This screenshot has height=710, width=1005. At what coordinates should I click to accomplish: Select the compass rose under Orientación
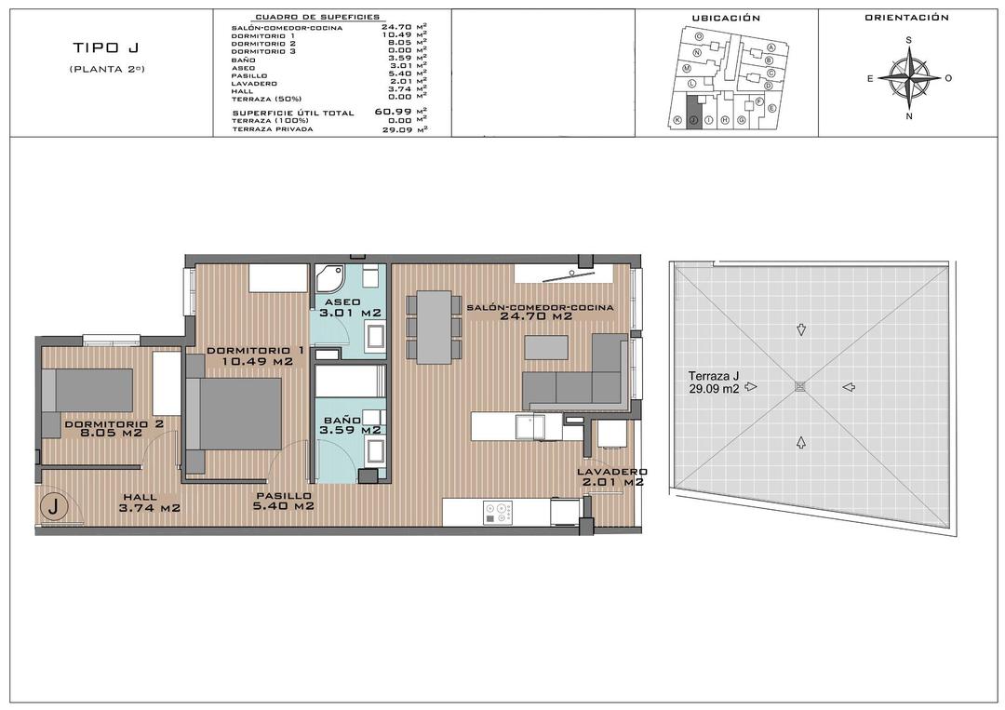(x=909, y=78)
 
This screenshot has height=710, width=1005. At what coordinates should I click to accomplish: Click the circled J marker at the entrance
(x=55, y=507)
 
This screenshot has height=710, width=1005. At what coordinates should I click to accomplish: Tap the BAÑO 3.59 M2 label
(x=350, y=425)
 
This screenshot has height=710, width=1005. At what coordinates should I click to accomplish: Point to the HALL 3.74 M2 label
(x=149, y=502)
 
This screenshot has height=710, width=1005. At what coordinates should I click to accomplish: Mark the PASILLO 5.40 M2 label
(x=284, y=502)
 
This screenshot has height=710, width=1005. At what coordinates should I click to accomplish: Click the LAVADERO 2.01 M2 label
(x=610, y=477)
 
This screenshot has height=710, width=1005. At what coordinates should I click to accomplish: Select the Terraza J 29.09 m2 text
(x=708, y=382)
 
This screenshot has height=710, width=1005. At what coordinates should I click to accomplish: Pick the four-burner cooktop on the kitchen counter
(x=498, y=512)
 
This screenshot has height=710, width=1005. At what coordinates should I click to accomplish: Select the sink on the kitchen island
(x=531, y=425)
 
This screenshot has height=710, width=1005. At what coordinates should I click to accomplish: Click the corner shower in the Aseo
(x=329, y=277)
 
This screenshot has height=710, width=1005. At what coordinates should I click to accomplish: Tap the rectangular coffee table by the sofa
(x=546, y=346)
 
